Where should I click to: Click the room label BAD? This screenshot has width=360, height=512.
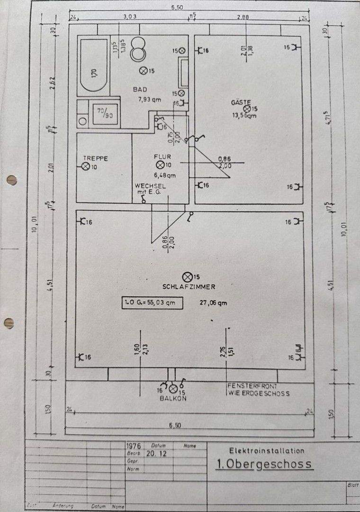click(140, 89)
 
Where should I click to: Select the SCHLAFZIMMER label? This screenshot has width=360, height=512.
click(189, 286)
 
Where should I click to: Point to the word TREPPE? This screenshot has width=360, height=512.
click(95, 158)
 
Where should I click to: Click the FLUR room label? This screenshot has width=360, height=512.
click(162, 156)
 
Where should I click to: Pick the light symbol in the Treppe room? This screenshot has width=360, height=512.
click(86, 166)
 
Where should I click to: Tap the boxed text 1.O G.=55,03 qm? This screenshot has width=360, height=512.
click(153, 302)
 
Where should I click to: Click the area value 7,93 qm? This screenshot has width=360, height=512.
click(150, 100)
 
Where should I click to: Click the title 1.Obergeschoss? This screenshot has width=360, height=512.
click(264, 464)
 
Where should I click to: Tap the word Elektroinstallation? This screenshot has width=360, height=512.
click(267, 450)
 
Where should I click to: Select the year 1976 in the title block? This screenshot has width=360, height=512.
click(135, 446)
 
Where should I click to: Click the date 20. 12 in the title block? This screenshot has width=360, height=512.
click(154, 453)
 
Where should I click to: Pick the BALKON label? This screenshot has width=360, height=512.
click(172, 398)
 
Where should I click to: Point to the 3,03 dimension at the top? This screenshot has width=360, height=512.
click(130, 17)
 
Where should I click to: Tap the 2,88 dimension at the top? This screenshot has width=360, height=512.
click(243, 17)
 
